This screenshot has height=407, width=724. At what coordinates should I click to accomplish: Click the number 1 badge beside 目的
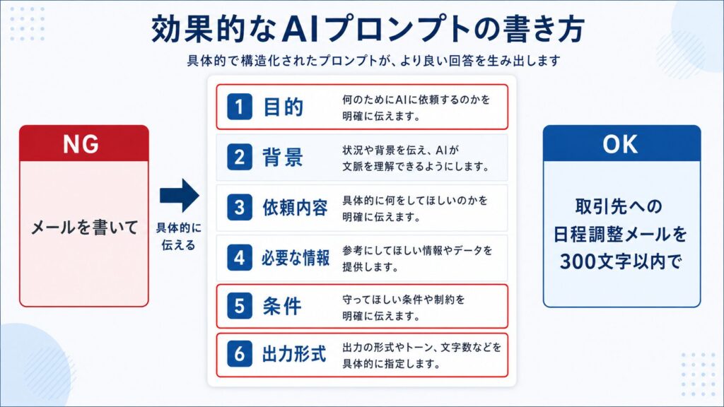tap(239, 107)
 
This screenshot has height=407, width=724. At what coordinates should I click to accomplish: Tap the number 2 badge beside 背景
tap(239, 157)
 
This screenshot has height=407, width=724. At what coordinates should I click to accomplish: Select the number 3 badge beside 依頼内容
tap(239, 207)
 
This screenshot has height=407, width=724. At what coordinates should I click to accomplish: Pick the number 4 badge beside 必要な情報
tap(239, 257)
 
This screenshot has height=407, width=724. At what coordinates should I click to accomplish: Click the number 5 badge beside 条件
tap(239, 306)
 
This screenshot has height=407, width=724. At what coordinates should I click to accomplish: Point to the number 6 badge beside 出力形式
tap(239, 354)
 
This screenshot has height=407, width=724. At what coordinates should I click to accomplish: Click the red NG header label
tap(81, 144)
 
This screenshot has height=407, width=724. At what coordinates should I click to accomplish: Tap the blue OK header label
tap(620, 144)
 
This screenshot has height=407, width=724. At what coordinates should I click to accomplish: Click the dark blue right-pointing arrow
tap(179, 195)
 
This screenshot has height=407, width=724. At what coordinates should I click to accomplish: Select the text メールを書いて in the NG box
tap(84, 228)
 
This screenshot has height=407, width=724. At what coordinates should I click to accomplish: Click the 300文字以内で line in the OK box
tap(621, 261)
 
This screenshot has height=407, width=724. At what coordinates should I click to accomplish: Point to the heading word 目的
tap(283, 107)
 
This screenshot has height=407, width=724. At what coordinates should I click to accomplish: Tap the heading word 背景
tap(283, 158)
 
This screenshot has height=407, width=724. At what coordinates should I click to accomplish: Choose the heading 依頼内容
tap(295, 208)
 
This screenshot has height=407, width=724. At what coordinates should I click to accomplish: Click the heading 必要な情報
tap(296, 258)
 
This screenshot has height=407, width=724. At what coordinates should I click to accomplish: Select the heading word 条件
tap(282, 307)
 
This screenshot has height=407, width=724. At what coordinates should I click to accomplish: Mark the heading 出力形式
tap(295, 355)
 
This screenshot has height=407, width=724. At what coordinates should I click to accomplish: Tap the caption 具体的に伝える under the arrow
tap(179, 236)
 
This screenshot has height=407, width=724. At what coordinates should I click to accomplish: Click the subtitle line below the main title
tap(373, 61)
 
